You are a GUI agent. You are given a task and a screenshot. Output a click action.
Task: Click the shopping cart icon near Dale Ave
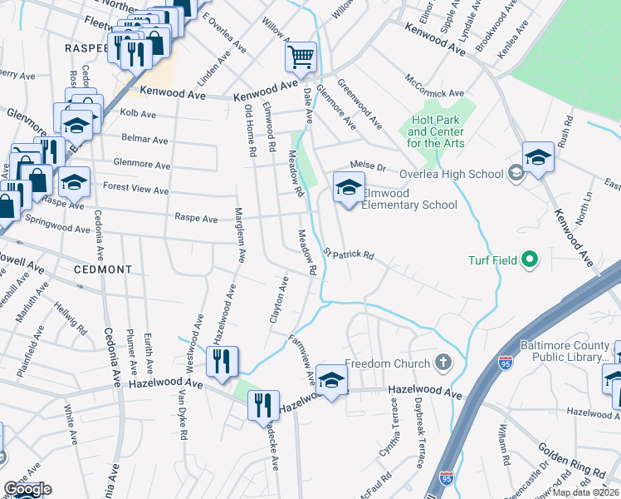[301, 57]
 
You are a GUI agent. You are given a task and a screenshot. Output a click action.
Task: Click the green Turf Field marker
[530, 260]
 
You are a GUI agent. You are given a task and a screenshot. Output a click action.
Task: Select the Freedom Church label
[387, 363]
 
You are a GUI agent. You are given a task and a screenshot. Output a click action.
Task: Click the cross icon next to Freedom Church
[443, 363]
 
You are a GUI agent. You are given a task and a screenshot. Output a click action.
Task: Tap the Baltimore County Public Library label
[565, 351]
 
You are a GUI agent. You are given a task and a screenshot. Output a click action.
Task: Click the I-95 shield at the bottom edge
[446, 480]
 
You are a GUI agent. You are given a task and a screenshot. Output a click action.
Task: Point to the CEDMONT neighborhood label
[103, 269]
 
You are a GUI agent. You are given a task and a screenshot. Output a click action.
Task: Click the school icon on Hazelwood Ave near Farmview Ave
[331, 380]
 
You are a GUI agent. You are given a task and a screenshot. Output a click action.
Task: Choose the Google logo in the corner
[27, 489]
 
